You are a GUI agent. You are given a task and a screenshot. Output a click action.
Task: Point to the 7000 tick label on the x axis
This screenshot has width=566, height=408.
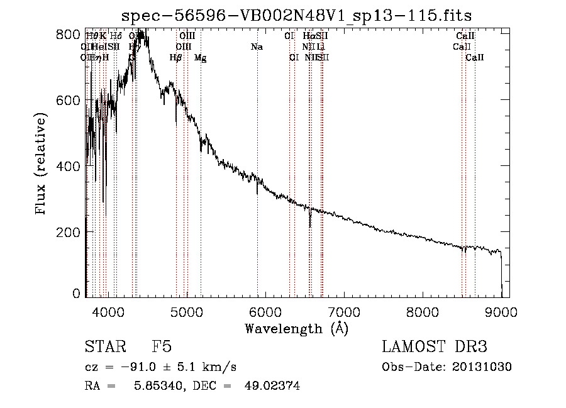point(343,311)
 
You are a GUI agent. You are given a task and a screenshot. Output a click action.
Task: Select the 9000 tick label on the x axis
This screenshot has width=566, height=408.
point(501,311)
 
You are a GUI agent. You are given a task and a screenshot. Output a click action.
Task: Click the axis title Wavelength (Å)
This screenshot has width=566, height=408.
point(296,328)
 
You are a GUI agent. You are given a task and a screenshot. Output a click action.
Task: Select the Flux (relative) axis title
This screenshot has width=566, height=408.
point(42,165)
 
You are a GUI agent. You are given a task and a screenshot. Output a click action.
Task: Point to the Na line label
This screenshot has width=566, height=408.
point(257,47)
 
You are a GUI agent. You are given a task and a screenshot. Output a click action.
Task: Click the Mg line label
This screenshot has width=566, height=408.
point(200,58)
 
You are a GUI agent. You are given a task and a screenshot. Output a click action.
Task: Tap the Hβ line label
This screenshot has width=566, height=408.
point(176,58)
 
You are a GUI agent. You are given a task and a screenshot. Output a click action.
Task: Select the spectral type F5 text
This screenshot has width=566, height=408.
point(162,347)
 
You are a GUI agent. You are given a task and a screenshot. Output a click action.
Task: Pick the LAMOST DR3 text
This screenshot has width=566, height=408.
point(435,347)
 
